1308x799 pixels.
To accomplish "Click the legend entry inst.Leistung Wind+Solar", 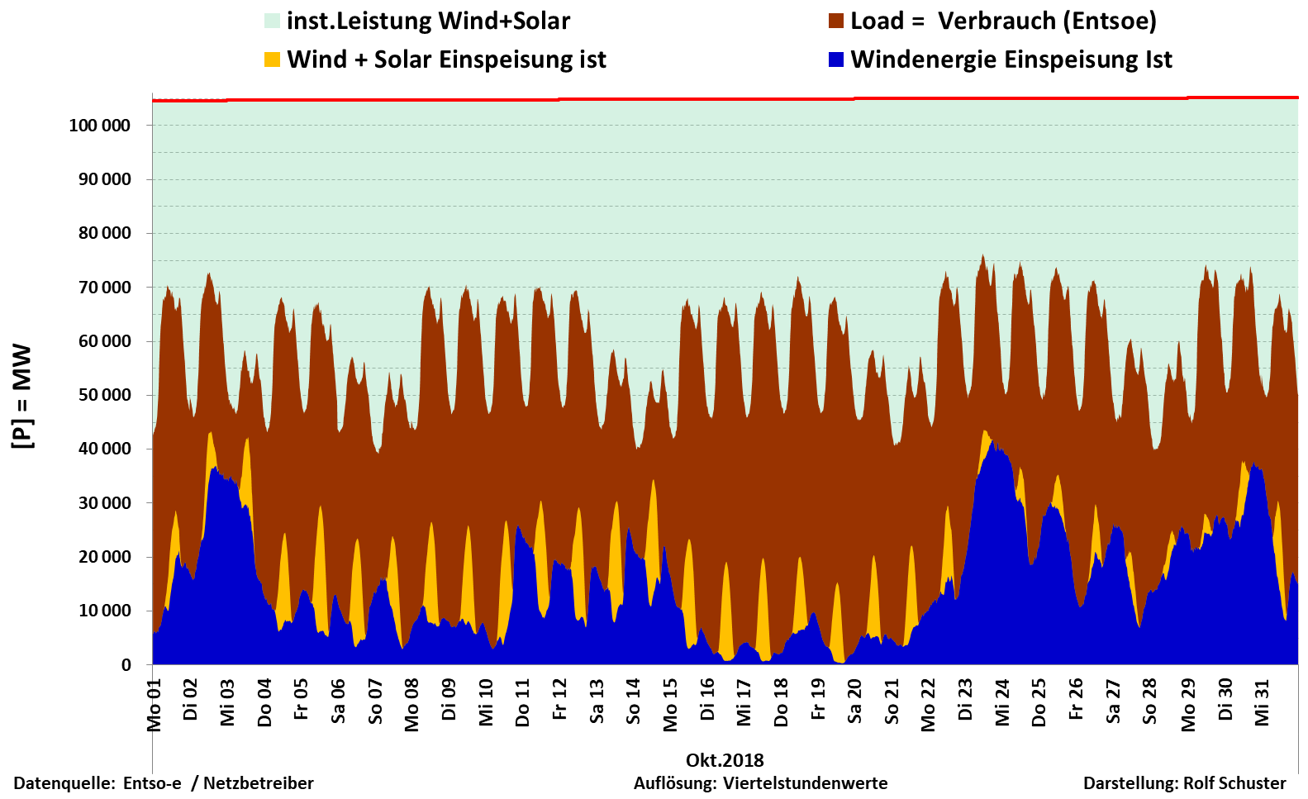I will [428, 21].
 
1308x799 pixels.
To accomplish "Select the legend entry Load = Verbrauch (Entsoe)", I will [1003, 21].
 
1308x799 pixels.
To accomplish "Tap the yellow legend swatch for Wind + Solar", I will [272, 59].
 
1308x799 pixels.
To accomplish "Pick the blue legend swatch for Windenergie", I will [836, 59].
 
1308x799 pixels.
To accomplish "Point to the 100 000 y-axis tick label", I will [99, 126].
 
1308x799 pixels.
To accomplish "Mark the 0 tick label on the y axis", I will [126, 665].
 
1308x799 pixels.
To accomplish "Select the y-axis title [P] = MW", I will [22, 397].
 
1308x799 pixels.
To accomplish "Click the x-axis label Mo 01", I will [155, 705].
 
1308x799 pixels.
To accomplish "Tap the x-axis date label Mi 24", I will [1003, 702].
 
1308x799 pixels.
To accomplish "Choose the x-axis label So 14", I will [634, 702].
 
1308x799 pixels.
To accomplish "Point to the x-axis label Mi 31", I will [1262, 702].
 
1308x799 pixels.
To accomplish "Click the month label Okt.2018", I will [725, 760].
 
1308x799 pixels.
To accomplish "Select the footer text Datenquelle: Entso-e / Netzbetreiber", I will [164, 783].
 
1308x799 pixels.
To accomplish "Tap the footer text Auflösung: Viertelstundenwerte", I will [760, 783].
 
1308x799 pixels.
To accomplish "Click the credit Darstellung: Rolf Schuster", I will [1184, 783].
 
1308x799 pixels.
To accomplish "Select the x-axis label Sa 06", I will [339, 702].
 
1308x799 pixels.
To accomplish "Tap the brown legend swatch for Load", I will [836, 21].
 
